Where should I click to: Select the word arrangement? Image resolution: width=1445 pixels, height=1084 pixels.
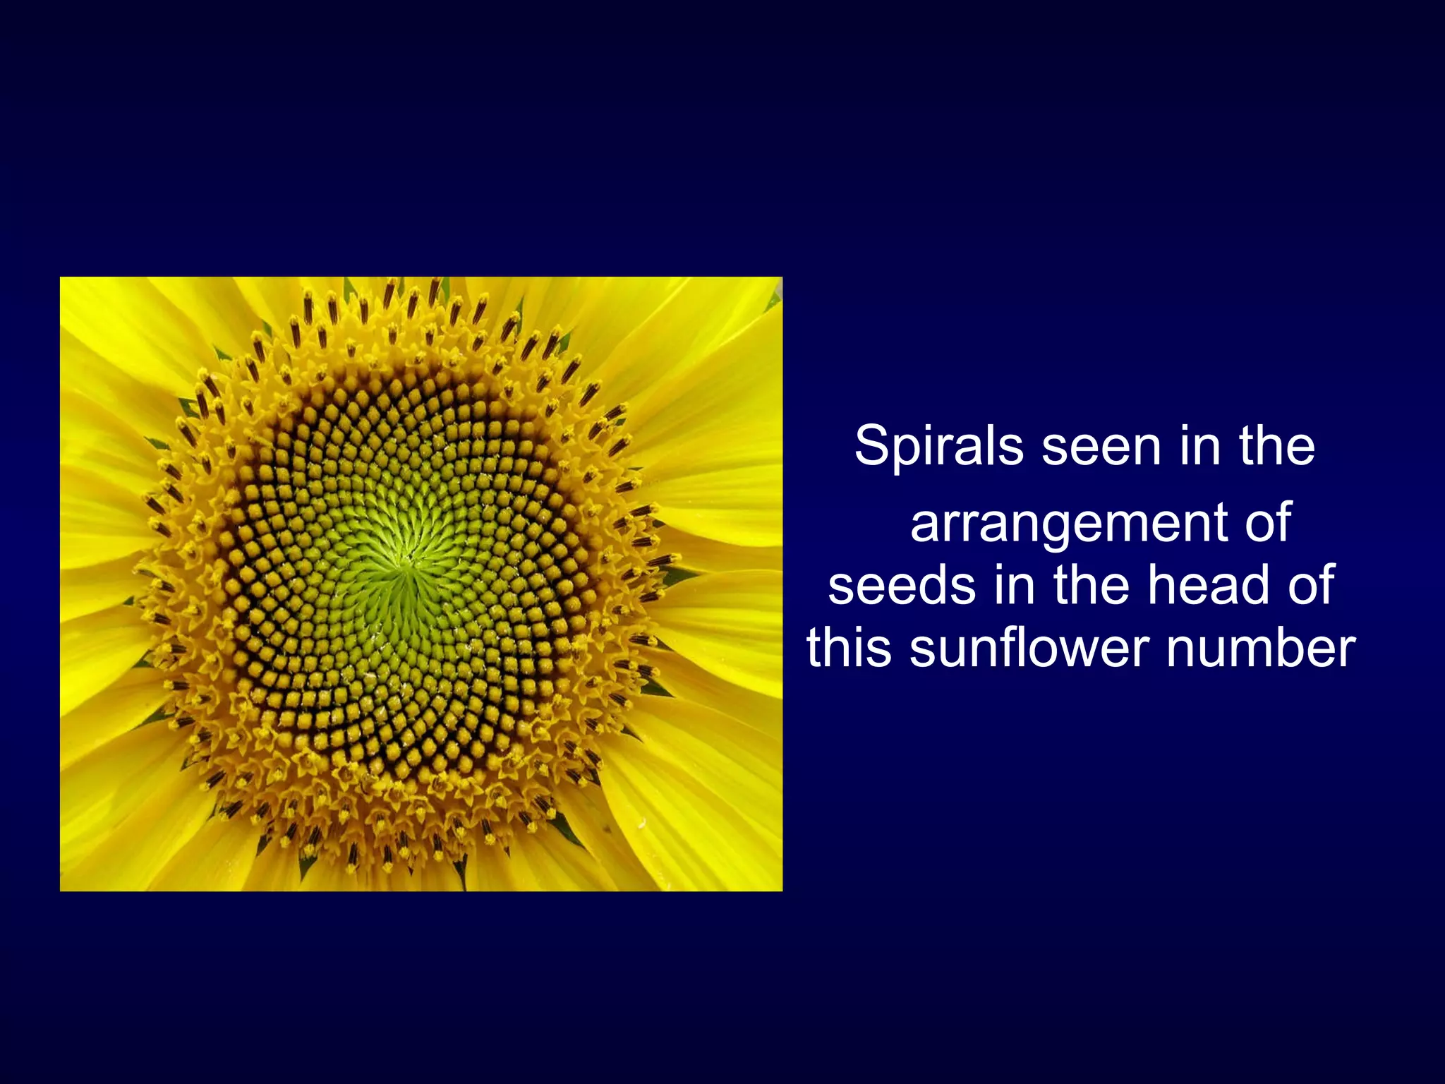(x=1068, y=524)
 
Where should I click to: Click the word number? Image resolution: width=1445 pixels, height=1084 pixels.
(x=1260, y=648)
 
